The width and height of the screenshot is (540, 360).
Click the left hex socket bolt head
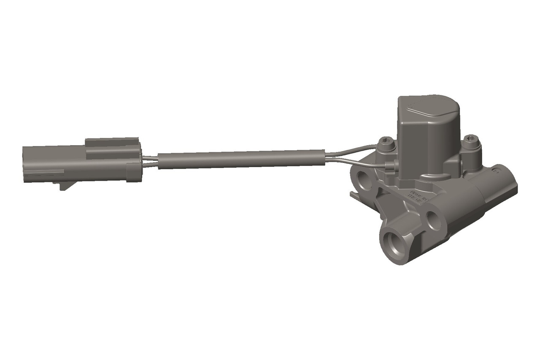coord(386,144)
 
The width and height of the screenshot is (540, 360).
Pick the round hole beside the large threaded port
coord(434,220)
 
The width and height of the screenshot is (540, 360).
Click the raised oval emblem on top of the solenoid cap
coord(426,108)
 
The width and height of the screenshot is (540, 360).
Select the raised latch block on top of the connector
coord(112,143)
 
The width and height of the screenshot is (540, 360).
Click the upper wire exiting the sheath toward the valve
coord(350,150)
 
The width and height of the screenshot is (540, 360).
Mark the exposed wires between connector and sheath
coord(150,161)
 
